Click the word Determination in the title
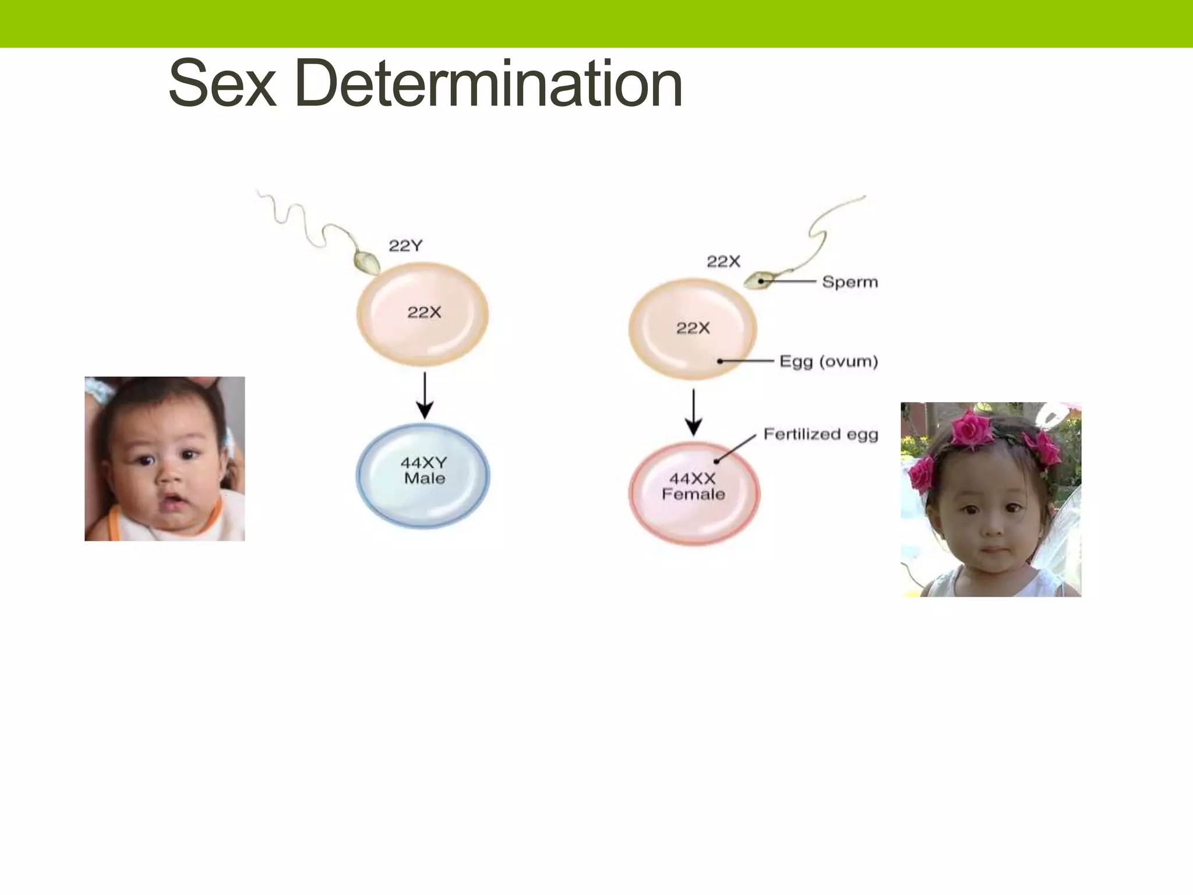tap(488, 84)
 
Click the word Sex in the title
tap(221, 84)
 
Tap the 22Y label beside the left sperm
tap(405, 246)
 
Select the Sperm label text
tap(849, 283)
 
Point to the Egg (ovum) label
tap(828, 362)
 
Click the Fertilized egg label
tap(820, 435)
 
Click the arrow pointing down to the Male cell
tap(425, 396)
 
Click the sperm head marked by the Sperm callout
tap(757, 281)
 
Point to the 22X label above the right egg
tap(723, 262)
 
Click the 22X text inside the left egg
tap(424, 313)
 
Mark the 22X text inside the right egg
tap(693, 329)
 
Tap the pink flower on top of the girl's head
tap(972, 428)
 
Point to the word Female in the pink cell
tap(693, 495)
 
